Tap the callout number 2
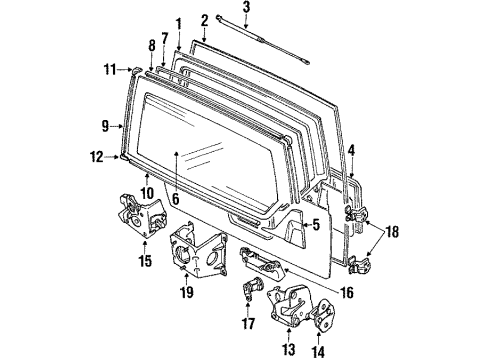coord(205,19)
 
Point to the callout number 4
coord(350,151)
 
